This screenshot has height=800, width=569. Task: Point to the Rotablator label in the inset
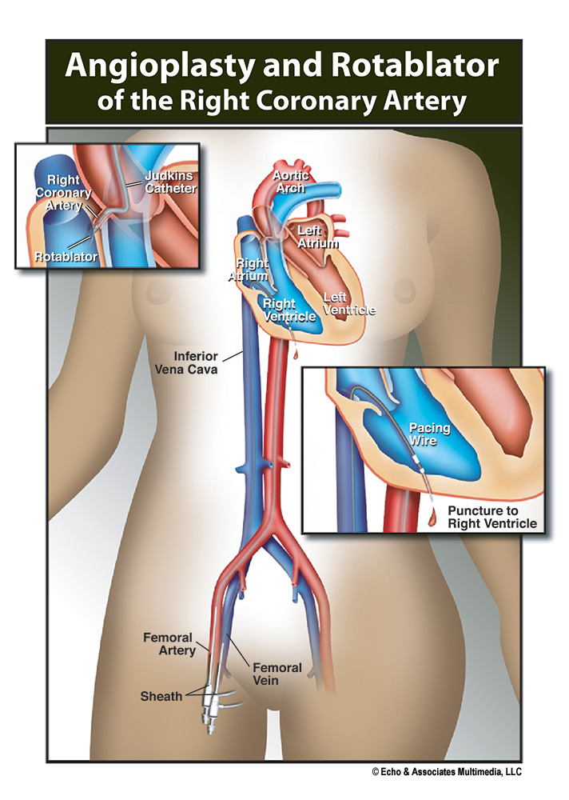(66, 257)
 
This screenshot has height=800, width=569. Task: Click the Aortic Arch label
(293, 181)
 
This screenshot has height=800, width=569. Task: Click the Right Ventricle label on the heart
(288, 310)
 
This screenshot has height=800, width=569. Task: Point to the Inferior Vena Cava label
(185, 362)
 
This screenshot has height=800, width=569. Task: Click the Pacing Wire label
(429, 434)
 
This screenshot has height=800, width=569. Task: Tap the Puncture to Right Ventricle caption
(491, 518)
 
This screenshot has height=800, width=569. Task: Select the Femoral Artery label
(169, 644)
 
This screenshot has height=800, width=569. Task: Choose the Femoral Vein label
(277, 674)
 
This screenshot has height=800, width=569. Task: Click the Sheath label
(161, 696)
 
